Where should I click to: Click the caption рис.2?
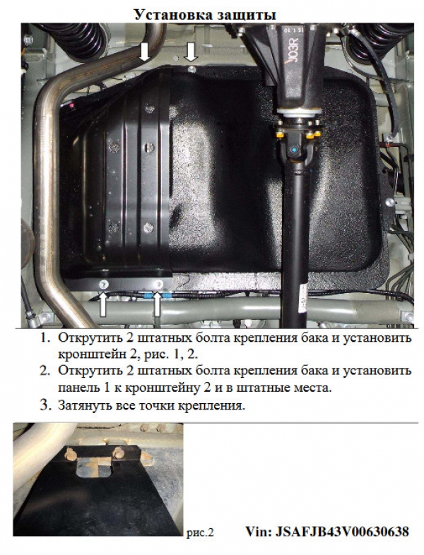point(201,532)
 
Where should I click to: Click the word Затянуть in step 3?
point(85,405)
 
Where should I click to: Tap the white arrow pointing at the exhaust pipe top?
point(144,52)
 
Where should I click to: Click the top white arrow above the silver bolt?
point(191,52)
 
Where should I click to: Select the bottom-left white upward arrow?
point(103,304)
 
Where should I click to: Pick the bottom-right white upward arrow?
point(157,305)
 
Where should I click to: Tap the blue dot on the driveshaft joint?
point(294,152)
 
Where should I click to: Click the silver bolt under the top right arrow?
point(192,68)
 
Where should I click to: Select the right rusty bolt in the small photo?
point(117,453)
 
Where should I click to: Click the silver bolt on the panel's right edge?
point(389,202)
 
